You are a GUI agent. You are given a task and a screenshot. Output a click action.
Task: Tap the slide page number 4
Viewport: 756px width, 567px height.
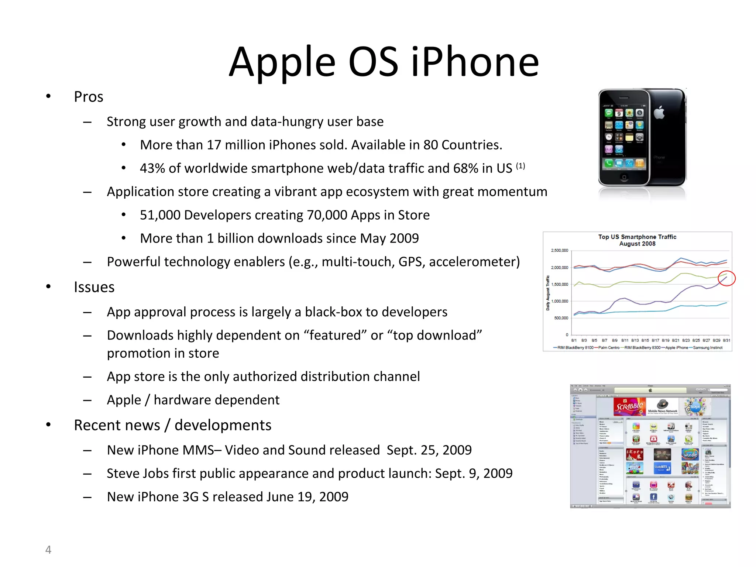pos(48,549)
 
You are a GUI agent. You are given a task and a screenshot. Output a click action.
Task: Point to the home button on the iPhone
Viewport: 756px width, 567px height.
pos(624,177)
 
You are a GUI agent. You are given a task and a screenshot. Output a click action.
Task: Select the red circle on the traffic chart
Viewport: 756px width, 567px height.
pos(726,278)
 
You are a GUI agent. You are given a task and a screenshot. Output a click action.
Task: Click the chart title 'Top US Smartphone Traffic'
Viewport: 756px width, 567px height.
pos(637,237)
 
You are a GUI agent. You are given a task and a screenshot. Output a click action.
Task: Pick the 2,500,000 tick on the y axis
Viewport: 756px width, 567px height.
pos(559,251)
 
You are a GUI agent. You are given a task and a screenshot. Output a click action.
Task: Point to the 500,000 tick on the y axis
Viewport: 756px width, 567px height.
pos(561,318)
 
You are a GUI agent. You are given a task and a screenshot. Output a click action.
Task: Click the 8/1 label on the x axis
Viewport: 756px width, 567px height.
pos(574,340)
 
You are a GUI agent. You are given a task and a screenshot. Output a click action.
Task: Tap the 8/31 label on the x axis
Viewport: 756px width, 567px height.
pos(726,340)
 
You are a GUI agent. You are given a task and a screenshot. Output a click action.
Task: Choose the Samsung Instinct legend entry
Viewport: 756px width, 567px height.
pos(708,348)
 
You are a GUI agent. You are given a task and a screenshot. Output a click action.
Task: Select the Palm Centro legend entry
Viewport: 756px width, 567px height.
pos(609,348)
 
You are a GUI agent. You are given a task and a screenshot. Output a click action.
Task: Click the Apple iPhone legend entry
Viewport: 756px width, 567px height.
pos(676,348)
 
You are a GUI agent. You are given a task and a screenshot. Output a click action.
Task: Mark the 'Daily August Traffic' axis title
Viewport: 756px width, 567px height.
pos(548,293)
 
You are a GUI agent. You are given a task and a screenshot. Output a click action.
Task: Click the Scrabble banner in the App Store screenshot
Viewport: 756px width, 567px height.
pos(630,406)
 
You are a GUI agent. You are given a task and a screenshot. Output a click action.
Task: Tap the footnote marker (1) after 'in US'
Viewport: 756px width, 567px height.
pos(520,166)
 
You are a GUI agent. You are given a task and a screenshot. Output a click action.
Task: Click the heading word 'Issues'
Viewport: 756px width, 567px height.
pos(94,287)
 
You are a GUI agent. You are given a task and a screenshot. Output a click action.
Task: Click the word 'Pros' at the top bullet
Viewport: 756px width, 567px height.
pos(89,97)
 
